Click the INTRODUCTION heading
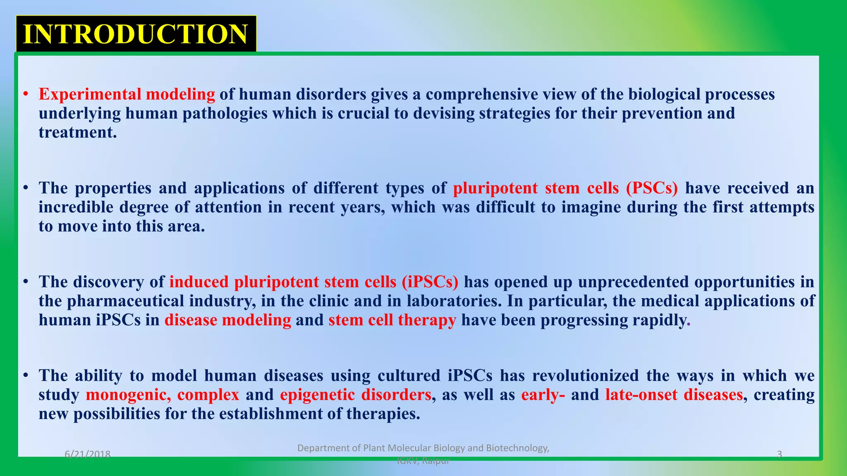(136, 34)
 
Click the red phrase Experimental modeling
(127, 95)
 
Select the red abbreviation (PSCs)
(652, 188)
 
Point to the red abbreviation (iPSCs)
(430, 282)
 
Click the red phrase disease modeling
(228, 320)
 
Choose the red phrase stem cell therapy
(392, 320)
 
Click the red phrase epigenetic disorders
(355, 395)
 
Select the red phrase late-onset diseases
(674, 395)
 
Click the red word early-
(543, 395)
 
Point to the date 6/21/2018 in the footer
(88, 455)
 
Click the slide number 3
(780, 455)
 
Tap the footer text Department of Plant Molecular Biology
(423, 448)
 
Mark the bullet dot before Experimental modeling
(26, 95)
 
